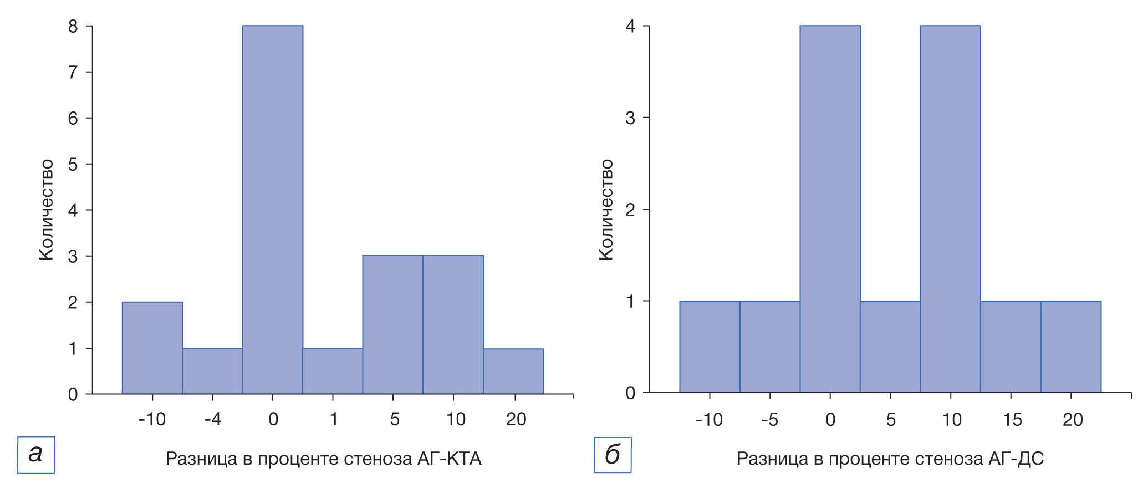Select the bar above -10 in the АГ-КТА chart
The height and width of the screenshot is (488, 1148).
(152, 348)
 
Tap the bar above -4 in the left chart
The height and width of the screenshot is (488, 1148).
(212, 371)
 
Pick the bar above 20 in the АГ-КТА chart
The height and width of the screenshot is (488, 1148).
(513, 371)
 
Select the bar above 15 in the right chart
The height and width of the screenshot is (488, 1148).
(1011, 347)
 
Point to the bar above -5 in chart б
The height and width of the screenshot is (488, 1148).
(770, 347)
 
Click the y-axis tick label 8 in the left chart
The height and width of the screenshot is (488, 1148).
(73, 27)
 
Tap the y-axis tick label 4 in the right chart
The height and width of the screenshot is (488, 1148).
(630, 27)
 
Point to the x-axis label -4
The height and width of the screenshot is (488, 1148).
(212, 419)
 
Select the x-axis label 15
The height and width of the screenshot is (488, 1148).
(1012, 420)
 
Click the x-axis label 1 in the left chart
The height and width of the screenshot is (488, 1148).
(334, 419)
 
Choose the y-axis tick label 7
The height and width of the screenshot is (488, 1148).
(73, 72)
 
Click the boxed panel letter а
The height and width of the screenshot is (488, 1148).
(36, 455)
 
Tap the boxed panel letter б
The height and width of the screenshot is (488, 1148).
(613, 455)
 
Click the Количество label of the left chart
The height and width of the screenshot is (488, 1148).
(47, 210)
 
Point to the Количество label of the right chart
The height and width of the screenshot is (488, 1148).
(606, 210)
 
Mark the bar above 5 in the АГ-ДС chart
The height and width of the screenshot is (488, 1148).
(890, 347)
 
